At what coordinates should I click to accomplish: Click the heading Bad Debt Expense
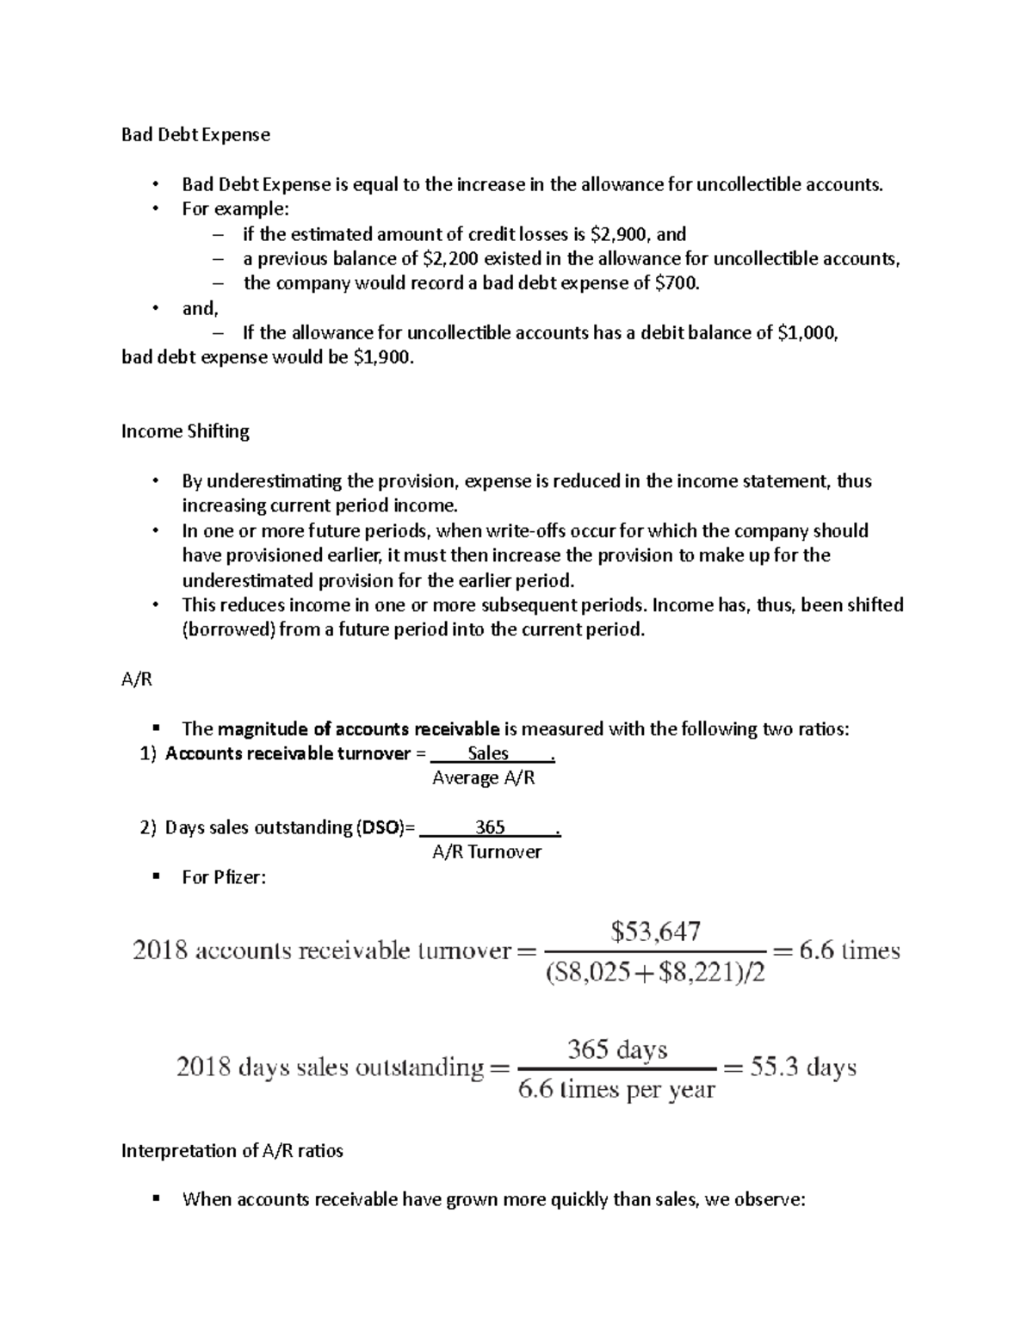point(195,134)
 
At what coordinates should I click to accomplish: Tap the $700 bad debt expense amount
point(677,283)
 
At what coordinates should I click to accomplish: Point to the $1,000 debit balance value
point(807,333)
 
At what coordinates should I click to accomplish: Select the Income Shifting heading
point(185,431)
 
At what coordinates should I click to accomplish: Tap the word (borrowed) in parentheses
point(229,629)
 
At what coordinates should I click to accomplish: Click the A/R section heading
point(137,679)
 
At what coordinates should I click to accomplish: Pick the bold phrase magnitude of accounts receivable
point(358,729)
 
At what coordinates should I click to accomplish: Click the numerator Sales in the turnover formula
point(488,753)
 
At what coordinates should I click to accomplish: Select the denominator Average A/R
point(483,778)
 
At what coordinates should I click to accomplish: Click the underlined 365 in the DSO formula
point(490,827)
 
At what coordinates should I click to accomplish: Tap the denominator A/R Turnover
point(486,852)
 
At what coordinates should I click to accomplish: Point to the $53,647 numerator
point(655,931)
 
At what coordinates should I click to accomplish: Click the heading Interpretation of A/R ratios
point(232,1151)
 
